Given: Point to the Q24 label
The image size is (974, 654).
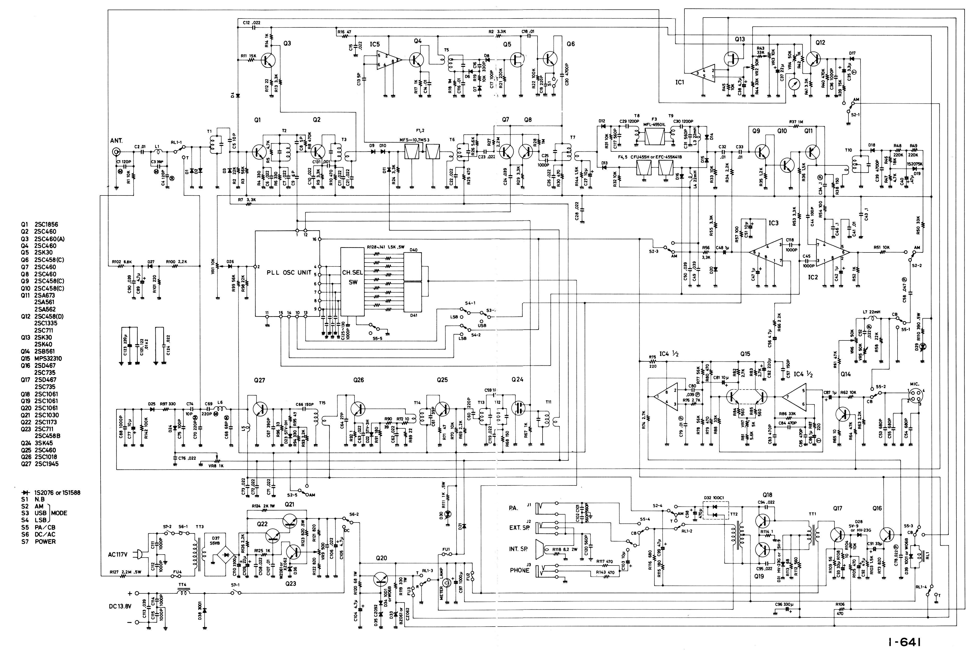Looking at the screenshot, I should (x=517, y=380).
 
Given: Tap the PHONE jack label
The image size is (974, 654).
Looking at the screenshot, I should (x=519, y=570).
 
